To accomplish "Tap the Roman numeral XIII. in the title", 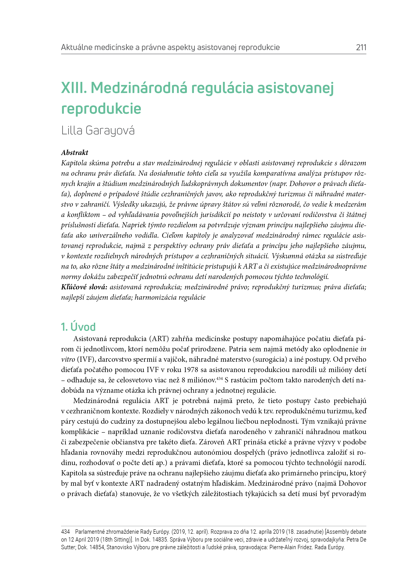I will [74, 88].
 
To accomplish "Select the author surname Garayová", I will [110, 130].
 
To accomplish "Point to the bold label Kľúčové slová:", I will [84, 287].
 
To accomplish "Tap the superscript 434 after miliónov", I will [219, 378].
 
